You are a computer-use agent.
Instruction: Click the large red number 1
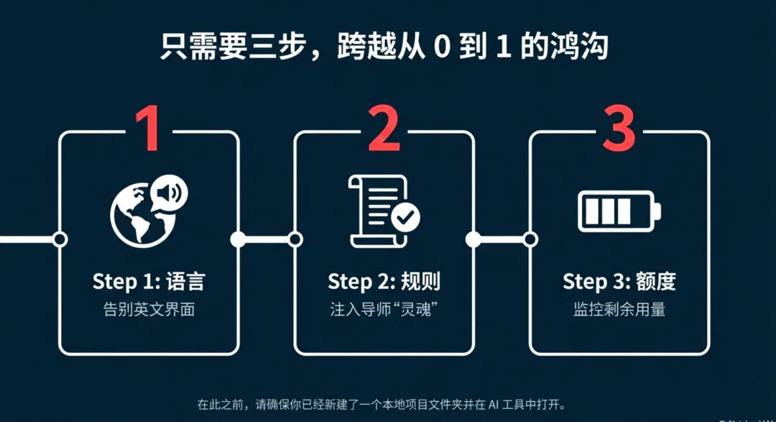[x=149, y=129]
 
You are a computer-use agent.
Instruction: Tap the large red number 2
[x=384, y=129]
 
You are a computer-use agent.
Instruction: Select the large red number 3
[x=619, y=129]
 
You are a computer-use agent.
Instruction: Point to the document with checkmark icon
[x=384, y=211]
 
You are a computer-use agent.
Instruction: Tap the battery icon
[x=619, y=211]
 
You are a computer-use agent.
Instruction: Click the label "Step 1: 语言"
[x=149, y=281]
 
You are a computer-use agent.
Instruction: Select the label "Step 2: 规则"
[x=384, y=281]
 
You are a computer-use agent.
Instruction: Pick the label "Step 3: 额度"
[x=619, y=281]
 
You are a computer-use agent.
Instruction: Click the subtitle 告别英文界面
[x=149, y=311]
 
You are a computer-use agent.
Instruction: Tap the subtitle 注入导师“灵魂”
[x=384, y=311]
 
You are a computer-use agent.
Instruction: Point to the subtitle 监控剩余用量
[x=619, y=311]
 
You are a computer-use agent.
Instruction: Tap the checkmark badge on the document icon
[x=405, y=215]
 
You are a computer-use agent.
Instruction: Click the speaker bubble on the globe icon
[x=170, y=193]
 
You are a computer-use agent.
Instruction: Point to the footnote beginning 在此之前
[x=387, y=403]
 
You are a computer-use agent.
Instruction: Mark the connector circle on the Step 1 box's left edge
[x=60, y=239]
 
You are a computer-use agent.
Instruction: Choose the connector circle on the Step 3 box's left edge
[x=530, y=239]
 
